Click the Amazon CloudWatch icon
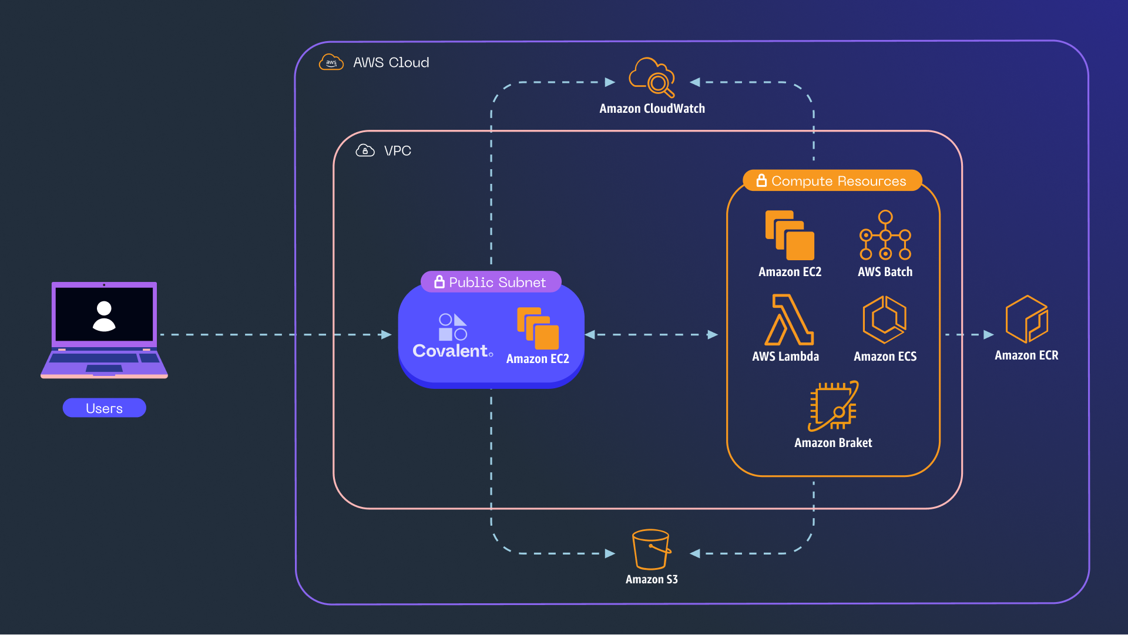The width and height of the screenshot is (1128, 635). click(652, 78)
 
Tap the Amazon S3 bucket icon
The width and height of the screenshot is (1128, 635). click(650, 549)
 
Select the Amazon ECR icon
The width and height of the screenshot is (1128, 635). click(1026, 320)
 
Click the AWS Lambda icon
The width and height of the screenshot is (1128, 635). click(788, 320)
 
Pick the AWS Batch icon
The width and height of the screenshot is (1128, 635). click(885, 235)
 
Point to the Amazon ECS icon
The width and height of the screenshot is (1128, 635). click(884, 320)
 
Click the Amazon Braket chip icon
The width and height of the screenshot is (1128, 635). click(833, 406)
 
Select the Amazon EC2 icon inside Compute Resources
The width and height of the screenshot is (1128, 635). click(790, 235)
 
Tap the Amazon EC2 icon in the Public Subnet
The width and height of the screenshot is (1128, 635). click(538, 328)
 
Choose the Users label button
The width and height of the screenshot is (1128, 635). click(104, 408)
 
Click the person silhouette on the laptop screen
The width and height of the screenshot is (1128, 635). click(104, 316)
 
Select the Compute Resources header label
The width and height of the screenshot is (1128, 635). click(838, 181)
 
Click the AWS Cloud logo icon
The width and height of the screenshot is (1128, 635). click(331, 62)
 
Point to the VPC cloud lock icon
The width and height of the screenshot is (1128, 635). click(365, 151)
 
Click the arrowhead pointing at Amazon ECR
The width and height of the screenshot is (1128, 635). click(988, 335)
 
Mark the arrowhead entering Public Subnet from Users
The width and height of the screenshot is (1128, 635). click(386, 335)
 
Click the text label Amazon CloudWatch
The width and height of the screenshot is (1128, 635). click(652, 109)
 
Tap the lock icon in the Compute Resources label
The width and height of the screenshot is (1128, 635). click(761, 180)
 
